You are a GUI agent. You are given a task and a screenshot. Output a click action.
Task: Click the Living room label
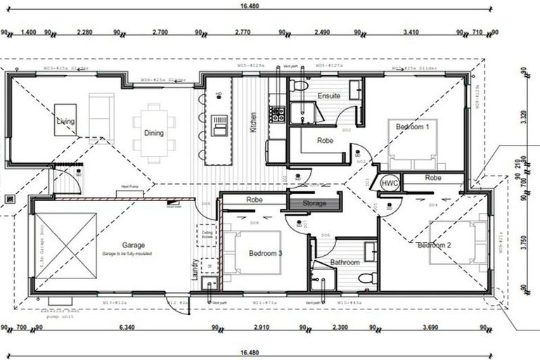click(x=65, y=122)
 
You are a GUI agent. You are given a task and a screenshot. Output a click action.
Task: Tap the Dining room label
click(x=154, y=133)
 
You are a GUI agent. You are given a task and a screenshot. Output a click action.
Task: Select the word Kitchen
click(x=252, y=123)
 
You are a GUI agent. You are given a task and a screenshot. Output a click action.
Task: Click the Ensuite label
click(x=329, y=96)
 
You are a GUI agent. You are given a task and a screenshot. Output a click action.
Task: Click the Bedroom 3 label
click(x=266, y=253)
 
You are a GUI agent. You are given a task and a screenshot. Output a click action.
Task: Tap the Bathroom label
click(x=345, y=262)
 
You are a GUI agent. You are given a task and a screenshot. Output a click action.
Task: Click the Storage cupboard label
click(x=314, y=203)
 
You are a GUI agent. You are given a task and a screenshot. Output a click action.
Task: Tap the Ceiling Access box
click(x=207, y=234)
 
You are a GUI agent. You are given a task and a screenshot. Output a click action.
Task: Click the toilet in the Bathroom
click(x=366, y=278)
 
